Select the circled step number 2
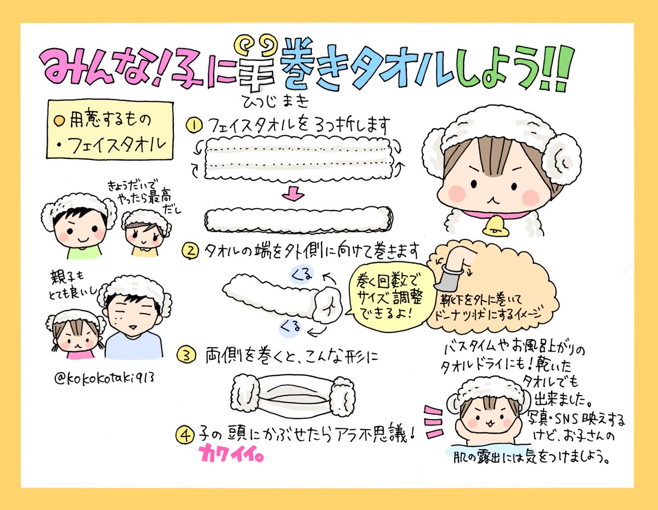pos(190,251)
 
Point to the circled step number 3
pos(186,355)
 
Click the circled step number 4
pos(184,435)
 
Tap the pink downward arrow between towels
pos(293,193)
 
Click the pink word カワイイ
pos(231,454)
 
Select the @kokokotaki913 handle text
pos(104,378)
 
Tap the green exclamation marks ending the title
pos(554,68)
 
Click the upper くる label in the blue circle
pos(302,274)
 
